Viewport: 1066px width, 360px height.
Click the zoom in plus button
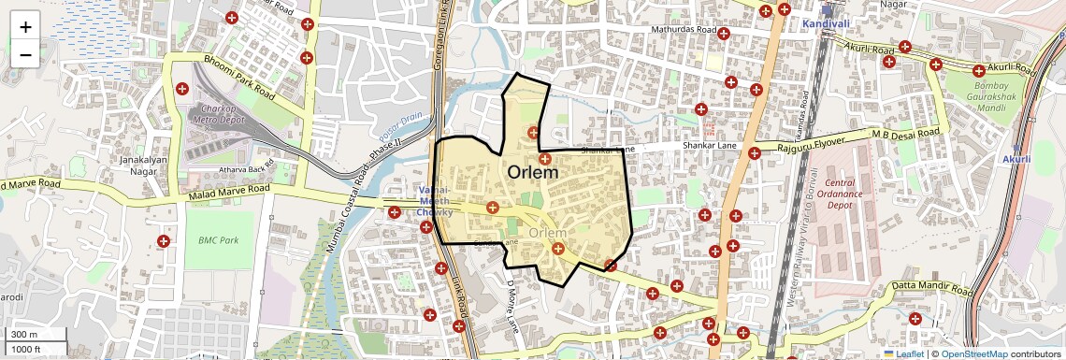coord(25,26)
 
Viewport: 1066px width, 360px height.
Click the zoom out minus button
coord(25,54)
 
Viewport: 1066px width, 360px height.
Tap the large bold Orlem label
coord(533,173)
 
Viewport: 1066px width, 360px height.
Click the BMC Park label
coord(219,240)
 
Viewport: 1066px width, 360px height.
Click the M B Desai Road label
coord(905,135)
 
